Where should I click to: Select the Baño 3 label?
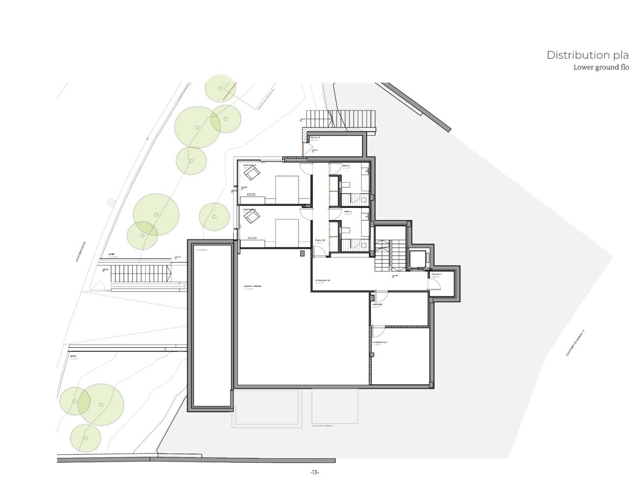346,166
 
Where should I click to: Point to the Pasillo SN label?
320,240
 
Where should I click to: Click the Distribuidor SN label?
322,280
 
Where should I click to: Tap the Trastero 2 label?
315,138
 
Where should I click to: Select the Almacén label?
377,305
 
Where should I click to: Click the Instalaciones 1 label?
380,342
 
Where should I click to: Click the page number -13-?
314,473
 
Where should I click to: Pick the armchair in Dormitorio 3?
253,173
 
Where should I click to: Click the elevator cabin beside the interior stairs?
419,260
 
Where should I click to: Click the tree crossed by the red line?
220,89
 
